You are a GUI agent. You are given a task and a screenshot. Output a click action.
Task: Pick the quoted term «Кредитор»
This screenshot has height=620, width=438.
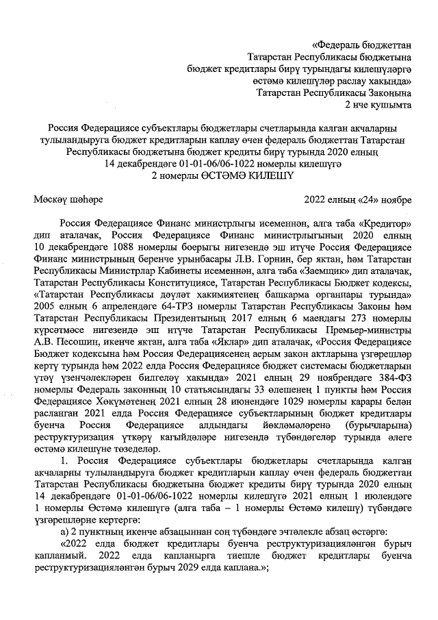(x=386, y=223)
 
